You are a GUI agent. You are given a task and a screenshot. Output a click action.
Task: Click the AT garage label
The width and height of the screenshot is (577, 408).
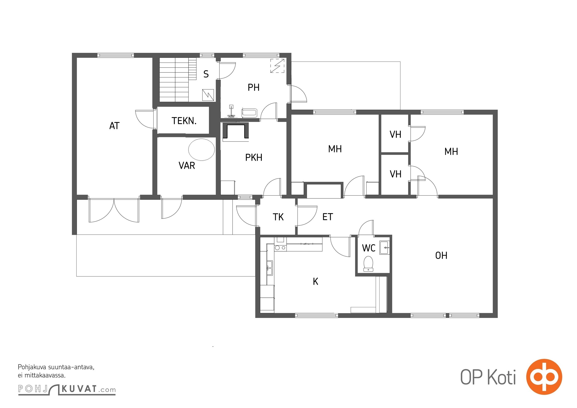coord(114,126)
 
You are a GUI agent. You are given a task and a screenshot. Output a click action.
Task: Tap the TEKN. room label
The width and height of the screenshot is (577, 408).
coord(184,121)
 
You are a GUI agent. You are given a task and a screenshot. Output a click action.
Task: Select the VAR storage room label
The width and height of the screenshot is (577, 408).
coord(187,166)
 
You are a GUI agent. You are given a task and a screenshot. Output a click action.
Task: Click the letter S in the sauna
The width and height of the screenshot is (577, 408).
coord(206,74)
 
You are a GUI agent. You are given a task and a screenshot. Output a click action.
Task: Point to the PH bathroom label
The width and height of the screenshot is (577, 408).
coord(254,87)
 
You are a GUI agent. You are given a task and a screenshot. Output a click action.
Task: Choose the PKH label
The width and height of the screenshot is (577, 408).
coord(254,158)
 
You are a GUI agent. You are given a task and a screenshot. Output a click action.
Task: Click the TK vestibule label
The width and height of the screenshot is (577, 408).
coord(278,217)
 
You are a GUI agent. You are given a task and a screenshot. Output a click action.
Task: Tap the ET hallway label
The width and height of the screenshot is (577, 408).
coord(328,217)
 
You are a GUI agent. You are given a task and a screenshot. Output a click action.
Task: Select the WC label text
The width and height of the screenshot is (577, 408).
coord(369,248)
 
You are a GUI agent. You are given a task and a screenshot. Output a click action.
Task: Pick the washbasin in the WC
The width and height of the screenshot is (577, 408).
coord(384,248)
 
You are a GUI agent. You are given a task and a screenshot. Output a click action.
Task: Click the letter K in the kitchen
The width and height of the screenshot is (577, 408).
coord(316,282)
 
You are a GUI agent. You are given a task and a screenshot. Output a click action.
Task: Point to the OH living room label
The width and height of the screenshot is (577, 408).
coord(441,256)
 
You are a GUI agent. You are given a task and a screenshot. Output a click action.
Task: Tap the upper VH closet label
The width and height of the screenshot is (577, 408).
coord(395,135)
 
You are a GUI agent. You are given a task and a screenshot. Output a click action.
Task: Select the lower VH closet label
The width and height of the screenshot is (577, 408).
coord(395,174)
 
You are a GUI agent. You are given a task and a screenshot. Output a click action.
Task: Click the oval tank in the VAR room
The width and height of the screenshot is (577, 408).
coord(202,150)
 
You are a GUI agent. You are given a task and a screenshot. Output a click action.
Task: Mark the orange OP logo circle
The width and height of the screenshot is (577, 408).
coord(544,377)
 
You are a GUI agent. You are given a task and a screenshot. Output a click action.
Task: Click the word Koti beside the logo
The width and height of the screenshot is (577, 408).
coord(502,377)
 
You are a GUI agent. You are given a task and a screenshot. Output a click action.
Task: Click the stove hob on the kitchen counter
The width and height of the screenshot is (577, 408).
coord(280,248)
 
